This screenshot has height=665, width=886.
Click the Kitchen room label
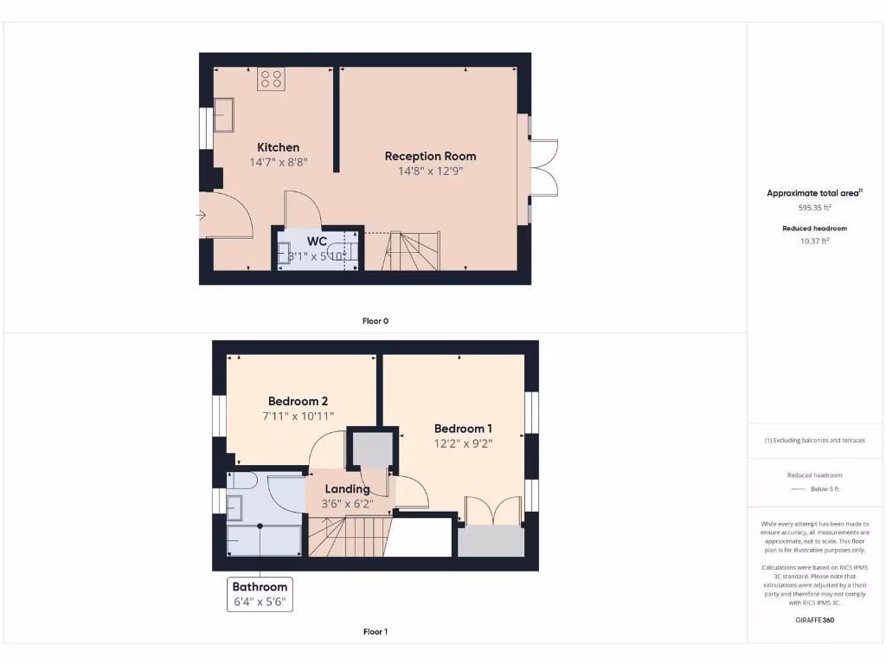click(278, 147)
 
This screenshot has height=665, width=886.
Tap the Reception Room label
click(430, 156)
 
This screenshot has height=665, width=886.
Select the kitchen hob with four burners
click(271, 80)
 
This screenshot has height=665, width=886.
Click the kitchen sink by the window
click(223, 114)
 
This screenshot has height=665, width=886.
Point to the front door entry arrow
click(203, 214)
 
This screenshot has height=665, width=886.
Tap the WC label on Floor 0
click(317, 240)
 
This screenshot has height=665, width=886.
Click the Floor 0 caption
click(375, 320)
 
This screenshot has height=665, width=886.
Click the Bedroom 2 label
click(298, 401)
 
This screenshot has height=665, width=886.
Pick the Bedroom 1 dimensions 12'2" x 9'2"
click(463, 443)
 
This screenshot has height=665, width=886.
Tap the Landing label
click(347, 489)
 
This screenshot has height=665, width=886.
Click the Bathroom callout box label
click(260, 587)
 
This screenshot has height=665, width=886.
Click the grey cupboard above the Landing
click(371, 449)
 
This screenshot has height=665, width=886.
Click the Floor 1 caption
click(375, 631)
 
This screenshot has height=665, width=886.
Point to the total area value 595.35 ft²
click(813, 208)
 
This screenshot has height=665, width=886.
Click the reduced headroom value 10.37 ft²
click(813, 241)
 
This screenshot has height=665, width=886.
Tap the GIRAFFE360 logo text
click(813, 620)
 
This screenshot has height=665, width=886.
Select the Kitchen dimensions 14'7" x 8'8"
click(278, 162)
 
